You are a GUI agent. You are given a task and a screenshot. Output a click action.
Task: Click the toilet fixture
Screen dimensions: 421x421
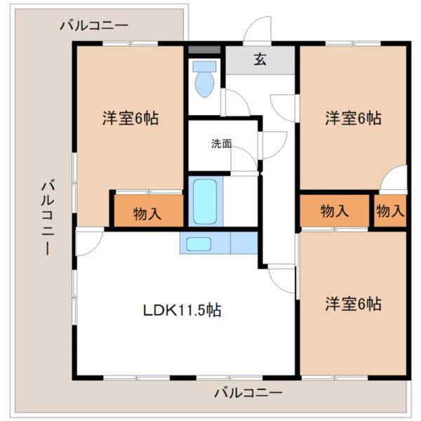click(206, 80)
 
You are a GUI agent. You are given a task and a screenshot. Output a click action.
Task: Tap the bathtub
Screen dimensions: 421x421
click(203, 201)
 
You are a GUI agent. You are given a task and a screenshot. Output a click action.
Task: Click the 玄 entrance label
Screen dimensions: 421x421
click(260, 60)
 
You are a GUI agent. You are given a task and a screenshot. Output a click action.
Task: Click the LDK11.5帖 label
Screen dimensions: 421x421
click(182, 309)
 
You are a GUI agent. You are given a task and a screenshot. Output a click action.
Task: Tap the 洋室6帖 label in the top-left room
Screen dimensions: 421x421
click(131, 119)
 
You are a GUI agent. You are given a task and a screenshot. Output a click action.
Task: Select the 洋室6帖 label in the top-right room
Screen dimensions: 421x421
click(353, 119)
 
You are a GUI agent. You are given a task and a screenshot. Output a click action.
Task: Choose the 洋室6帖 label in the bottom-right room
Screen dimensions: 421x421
click(353, 305)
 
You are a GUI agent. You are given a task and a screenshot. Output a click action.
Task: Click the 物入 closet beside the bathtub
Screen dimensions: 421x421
click(147, 213)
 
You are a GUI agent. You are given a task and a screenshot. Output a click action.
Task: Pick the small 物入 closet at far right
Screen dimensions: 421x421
click(389, 210)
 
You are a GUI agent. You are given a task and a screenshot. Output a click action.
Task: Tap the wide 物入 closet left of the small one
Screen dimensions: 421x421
click(335, 210)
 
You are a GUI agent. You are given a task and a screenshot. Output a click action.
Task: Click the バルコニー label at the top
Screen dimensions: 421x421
click(94, 26)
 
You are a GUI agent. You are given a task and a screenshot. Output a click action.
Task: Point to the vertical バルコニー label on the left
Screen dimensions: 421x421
click(46, 218)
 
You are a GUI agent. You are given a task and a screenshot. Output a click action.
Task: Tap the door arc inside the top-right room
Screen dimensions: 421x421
click(395, 179)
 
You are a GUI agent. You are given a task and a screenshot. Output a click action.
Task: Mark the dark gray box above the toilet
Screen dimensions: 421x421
click(204, 51)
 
